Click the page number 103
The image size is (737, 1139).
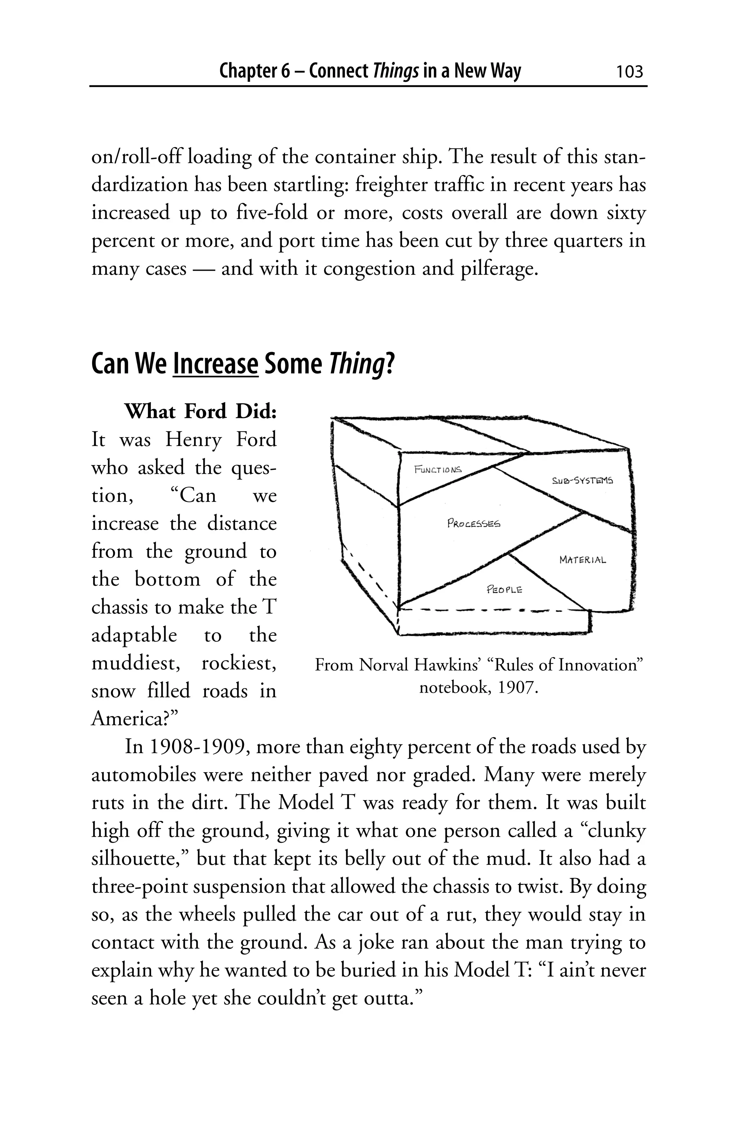[629, 72]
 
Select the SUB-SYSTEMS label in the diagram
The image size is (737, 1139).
[582, 481]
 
